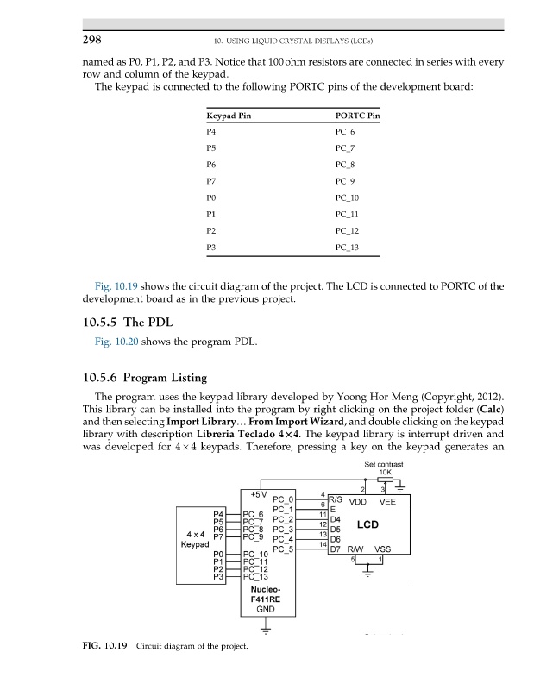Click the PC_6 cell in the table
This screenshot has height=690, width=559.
[x=344, y=131]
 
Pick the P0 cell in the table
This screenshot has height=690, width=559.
[x=212, y=196]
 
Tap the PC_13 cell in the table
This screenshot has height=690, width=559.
[x=347, y=249]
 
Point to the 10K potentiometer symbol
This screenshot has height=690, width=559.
[x=384, y=481]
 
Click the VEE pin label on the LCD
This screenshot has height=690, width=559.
[x=388, y=501]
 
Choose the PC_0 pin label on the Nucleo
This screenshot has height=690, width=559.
[x=284, y=499]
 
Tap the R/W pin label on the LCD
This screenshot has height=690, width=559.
[x=356, y=549]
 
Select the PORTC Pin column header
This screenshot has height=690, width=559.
[x=356, y=115]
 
